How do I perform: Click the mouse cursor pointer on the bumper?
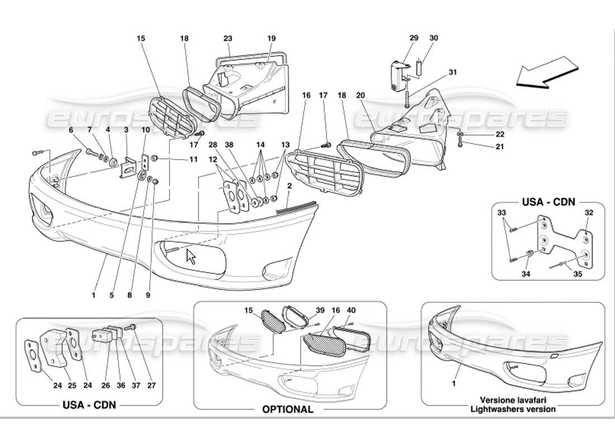[x=191, y=257]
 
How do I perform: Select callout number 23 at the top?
[x=228, y=39]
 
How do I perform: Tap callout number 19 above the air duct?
[x=272, y=39]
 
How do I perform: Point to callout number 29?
[x=414, y=38]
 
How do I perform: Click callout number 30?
[x=434, y=38]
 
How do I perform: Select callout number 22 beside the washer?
[x=484, y=134]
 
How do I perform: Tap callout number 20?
[x=361, y=96]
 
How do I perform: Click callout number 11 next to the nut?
[x=193, y=160]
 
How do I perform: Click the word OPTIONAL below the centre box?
[x=288, y=409]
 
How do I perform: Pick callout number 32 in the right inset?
[x=589, y=213]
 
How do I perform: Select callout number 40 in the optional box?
[x=351, y=310]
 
